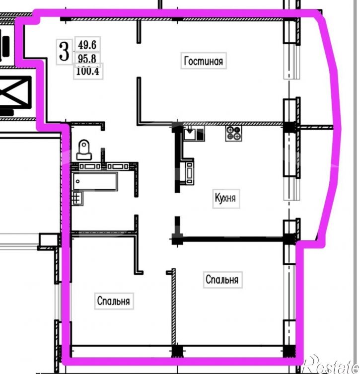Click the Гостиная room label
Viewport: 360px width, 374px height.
(204, 61)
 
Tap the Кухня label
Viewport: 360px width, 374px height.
(225, 198)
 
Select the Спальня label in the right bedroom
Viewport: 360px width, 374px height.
(222, 279)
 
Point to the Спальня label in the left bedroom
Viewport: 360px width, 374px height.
(114, 301)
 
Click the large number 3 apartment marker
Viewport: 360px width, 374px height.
(64, 51)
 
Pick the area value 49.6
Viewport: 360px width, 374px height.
(87, 45)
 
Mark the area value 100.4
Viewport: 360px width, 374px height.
(88, 71)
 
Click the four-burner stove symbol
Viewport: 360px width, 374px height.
(233, 133)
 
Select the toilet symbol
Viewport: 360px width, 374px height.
(84, 150)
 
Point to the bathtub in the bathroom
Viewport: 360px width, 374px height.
(95, 182)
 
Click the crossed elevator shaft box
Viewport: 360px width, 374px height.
(15, 92)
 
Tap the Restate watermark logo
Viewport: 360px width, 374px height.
(331, 364)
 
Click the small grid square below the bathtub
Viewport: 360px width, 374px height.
(77, 198)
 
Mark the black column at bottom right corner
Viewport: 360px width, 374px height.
(289, 351)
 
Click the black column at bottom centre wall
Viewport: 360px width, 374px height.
(177, 351)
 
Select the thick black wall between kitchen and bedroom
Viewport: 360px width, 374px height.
(232, 239)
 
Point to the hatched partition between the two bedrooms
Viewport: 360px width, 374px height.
(174, 307)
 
